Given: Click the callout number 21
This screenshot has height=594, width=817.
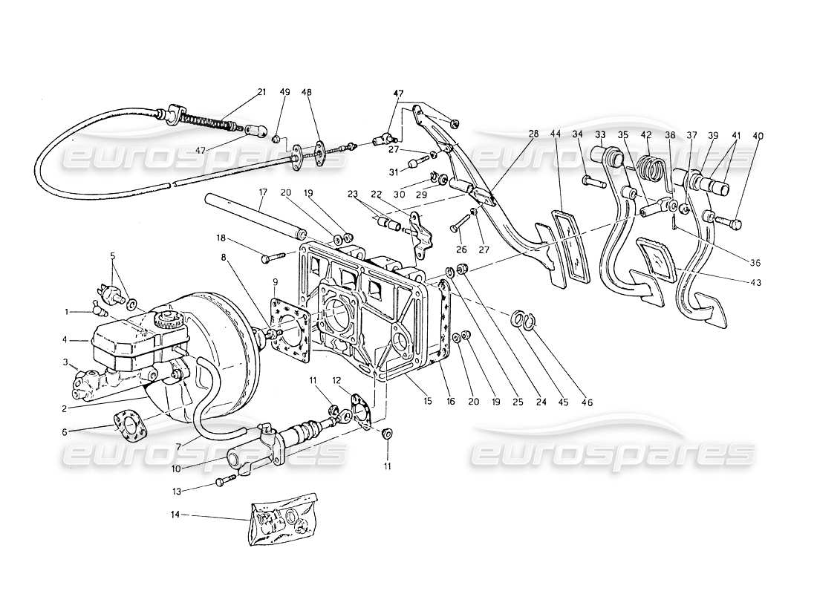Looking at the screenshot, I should point(261,92).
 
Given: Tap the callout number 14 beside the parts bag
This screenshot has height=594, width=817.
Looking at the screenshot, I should point(175,514).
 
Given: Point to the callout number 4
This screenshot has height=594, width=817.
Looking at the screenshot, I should point(65,342).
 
